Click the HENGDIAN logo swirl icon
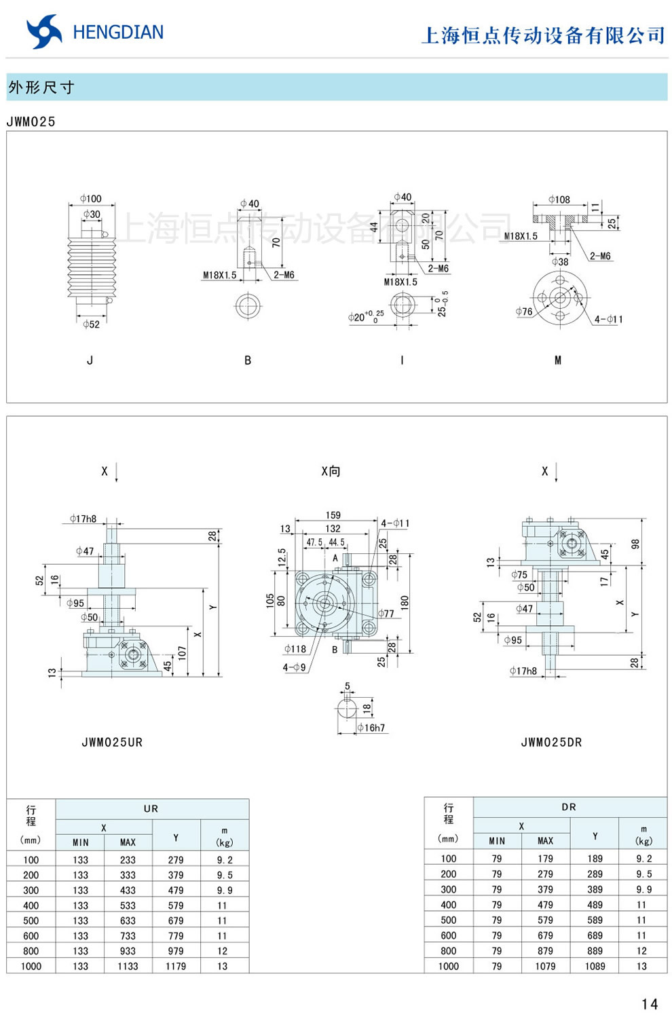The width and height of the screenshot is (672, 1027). pyautogui.click(x=43, y=32)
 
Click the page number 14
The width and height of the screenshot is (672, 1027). pyautogui.click(x=649, y=1004)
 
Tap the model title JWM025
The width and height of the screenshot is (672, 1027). pyautogui.click(x=31, y=122)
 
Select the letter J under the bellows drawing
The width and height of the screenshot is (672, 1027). pyautogui.click(x=90, y=360)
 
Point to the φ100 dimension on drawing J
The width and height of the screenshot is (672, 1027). pyautogui.click(x=90, y=198)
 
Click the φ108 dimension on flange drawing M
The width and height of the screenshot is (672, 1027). pyautogui.click(x=559, y=200)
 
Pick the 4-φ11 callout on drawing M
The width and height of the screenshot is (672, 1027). pyautogui.click(x=608, y=319)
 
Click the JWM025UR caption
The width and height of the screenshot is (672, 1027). pyautogui.click(x=112, y=743)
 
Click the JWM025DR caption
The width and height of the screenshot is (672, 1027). pyautogui.click(x=551, y=743)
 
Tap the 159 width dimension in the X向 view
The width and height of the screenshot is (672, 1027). pyautogui.click(x=333, y=515)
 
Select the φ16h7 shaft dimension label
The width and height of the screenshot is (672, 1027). pyautogui.click(x=371, y=728)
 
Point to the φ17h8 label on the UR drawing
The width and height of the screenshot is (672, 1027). pyautogui.click(x=83, y=519)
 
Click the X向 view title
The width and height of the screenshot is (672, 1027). pyautogui.click(x=331, y=471)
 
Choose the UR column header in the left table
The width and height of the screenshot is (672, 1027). pyautogui.click(x=151, y=808)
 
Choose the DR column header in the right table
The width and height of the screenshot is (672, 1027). pyautogui.click(x=569, y=807)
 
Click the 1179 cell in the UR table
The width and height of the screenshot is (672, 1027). pyautogui.click(x=176, y=966)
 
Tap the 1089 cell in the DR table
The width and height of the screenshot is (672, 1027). pyautogui.click(x=595, y=966)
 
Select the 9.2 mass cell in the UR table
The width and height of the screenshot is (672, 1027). pyautogui.click(x=224, y=859)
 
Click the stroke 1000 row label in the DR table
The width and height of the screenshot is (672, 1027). pyautogui.click(x=448, y=966)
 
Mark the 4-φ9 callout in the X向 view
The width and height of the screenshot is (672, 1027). pyautogui.click(x=294, y=668)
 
